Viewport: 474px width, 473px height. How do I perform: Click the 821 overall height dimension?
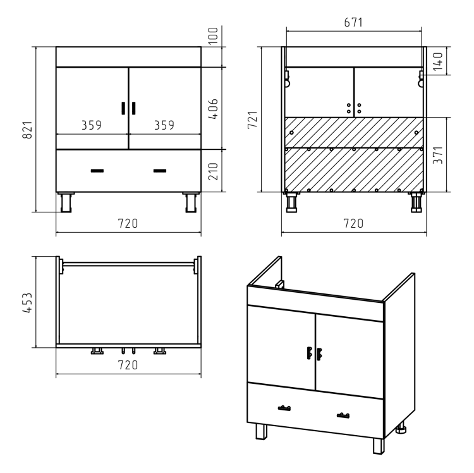pos(28,130)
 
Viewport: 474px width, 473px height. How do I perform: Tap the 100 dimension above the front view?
pos(213,35)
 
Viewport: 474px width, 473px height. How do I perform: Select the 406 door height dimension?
pos(213,109)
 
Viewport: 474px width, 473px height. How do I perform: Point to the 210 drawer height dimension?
pos(213,171)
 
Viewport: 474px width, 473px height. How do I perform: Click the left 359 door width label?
pos(92,125)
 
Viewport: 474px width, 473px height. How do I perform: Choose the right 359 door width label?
pos(164,125)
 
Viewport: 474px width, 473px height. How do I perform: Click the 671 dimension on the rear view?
pos(353,22)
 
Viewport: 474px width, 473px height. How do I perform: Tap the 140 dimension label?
pos(438,62)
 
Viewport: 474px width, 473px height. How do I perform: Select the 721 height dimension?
pos(252,120)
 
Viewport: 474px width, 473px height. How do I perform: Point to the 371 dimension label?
pos(438,155)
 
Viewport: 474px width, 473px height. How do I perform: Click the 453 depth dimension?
pos(28,303)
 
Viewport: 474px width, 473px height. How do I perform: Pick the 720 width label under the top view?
pos(128,365)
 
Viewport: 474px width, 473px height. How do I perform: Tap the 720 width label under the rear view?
pos(353,223)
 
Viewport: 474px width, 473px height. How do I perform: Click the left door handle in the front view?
pos(123,108)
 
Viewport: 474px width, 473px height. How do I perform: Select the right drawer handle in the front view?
pos(160,171)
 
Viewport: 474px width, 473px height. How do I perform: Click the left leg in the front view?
pos(66,202)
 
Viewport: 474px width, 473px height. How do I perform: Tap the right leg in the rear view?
pos(416,202)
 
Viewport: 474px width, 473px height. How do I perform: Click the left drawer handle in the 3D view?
pos(284,408)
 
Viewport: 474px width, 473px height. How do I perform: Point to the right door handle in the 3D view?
pos(319,354)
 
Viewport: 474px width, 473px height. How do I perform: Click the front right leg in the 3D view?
pos(379,446)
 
